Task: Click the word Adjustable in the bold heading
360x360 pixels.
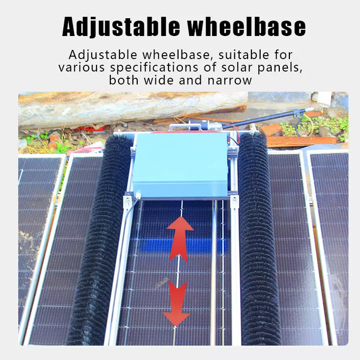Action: coord(121,26)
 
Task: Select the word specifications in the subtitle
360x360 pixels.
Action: coord(154,68)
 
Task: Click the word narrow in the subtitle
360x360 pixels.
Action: coord(229,81)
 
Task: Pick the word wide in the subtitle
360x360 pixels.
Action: coord(159,80)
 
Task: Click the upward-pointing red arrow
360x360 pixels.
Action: coord(180,239)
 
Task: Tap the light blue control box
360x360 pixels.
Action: coord(180,165)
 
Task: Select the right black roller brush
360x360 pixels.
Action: coord(258,239)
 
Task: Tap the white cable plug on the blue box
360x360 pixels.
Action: coord(138,195)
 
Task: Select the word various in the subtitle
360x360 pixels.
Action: coord(82,68)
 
